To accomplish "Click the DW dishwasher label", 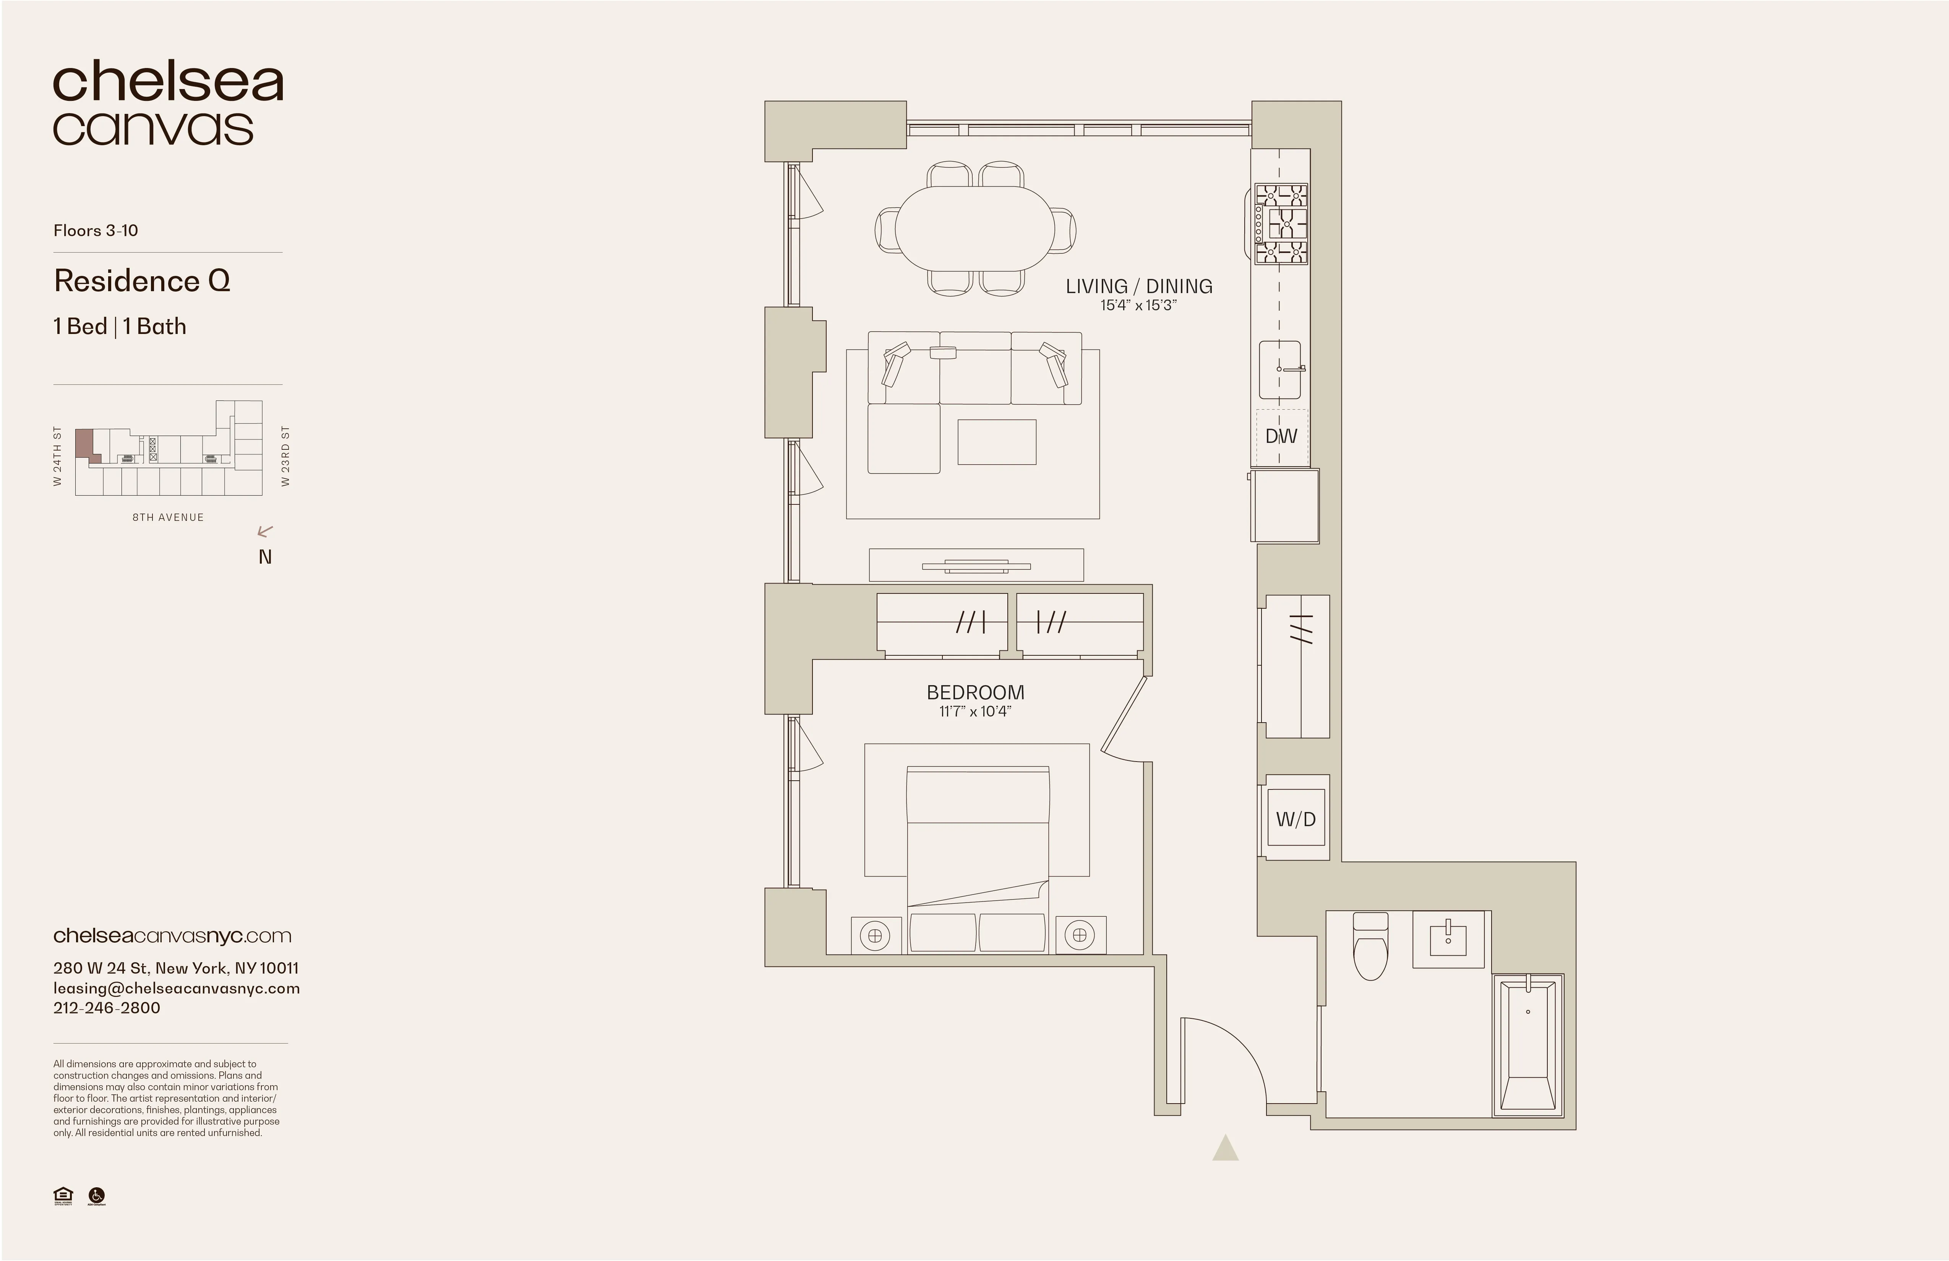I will (1281, 436).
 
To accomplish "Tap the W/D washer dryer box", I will (1296, 819).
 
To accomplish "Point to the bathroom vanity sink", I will (1448, 939).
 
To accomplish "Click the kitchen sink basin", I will (1279, 370).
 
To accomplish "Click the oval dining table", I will (975, 228).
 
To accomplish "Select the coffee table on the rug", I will (997, 442).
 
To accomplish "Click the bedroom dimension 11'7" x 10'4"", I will (974, 712).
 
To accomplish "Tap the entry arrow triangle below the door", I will (1225, 1150).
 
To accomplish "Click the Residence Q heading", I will (142, 281).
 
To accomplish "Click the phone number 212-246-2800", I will (107, 1008).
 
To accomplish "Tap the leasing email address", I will (176, 988).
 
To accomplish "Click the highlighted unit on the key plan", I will (84, 445).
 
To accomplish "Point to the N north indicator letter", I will (264, 557).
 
